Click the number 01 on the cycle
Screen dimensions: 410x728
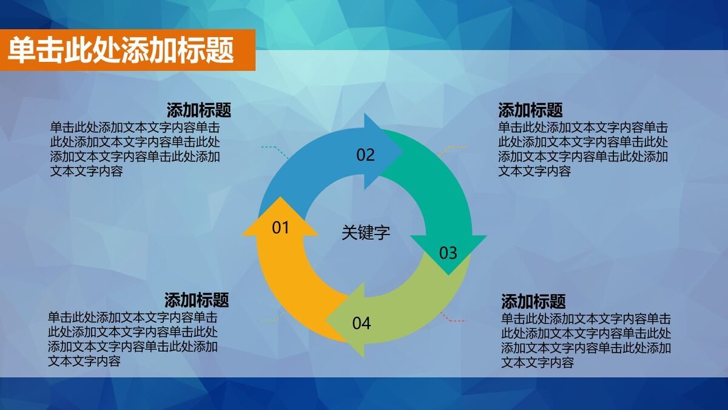click(x=280, y=228)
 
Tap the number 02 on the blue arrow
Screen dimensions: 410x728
click(x=365, y=155)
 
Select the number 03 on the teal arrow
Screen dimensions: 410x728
click(x=448, y=253)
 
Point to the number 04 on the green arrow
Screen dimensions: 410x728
click(x=362, y=323)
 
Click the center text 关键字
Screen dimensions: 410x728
click(x=365, y=233)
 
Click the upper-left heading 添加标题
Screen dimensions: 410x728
click(x=198, y=111)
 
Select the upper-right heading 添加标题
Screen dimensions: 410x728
click(x=530, y=111)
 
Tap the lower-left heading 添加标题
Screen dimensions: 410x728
click(x=197, y=300)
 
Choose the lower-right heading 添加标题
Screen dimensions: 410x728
click(x=533, y=301)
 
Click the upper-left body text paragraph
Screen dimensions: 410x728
click(x=135, y=149)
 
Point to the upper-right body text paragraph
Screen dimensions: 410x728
click(x=583, y=149)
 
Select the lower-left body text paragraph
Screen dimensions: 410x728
click(x=133, y=339)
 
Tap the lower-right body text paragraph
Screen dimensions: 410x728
click(x=585, y=341)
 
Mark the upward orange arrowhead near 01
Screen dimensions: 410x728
click(x=280, y=210)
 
